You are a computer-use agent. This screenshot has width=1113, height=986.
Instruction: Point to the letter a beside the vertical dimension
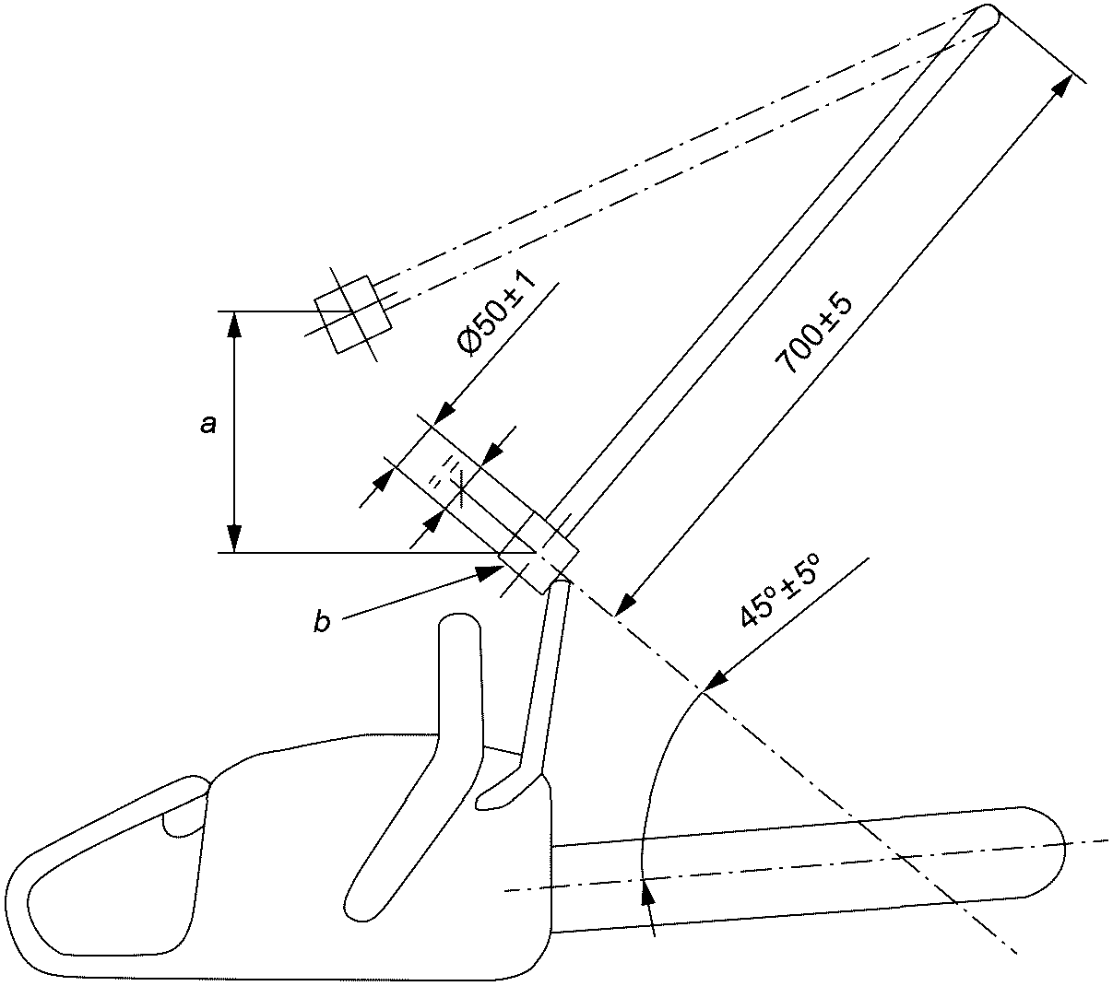208,425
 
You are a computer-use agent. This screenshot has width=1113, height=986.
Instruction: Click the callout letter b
323,622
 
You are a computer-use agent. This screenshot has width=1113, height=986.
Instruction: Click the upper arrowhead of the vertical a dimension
234,312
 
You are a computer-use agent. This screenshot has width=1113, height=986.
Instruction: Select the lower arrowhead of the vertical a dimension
234,552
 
